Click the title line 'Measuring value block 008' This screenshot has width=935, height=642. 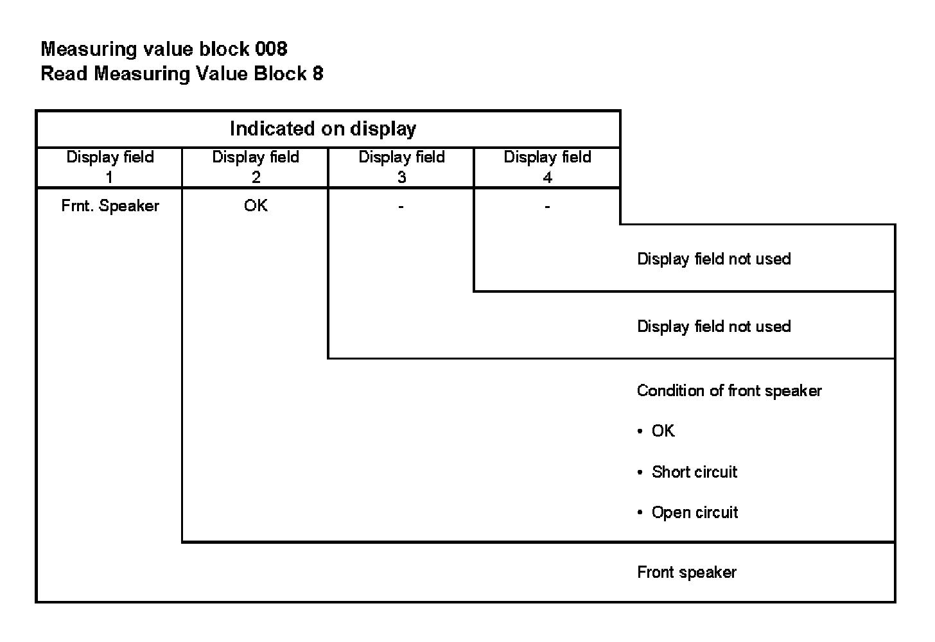(x=164, y=49)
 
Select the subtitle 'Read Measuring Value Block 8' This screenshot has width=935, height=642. (x=182, y=74)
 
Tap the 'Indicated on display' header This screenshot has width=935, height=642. (x=323, y=129)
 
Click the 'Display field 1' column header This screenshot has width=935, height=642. (x=110, y=167)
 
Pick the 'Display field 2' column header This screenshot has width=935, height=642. (x=256, y=167)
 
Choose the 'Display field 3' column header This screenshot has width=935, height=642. (x=401, y=167)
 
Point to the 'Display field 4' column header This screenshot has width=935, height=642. (x=547, y=167)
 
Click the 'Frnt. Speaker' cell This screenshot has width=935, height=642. (x=110, y=206)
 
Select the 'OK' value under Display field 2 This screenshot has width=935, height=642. (x=256, y=206)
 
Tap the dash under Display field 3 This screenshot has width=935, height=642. (x=401, y=207)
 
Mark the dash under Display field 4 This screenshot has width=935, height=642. (x=547, y=207)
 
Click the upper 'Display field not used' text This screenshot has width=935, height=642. (x=713, y=259)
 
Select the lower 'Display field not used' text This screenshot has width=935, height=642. (x=713, y=326)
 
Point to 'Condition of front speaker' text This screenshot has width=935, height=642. (x=729, y=391)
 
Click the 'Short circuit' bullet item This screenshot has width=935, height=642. (x=694, y=472)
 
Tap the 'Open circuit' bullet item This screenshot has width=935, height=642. (x=695, y=512)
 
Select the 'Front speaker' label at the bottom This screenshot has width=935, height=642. (x=686, y=572)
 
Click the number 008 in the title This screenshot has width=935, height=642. (x=270, y=49)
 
